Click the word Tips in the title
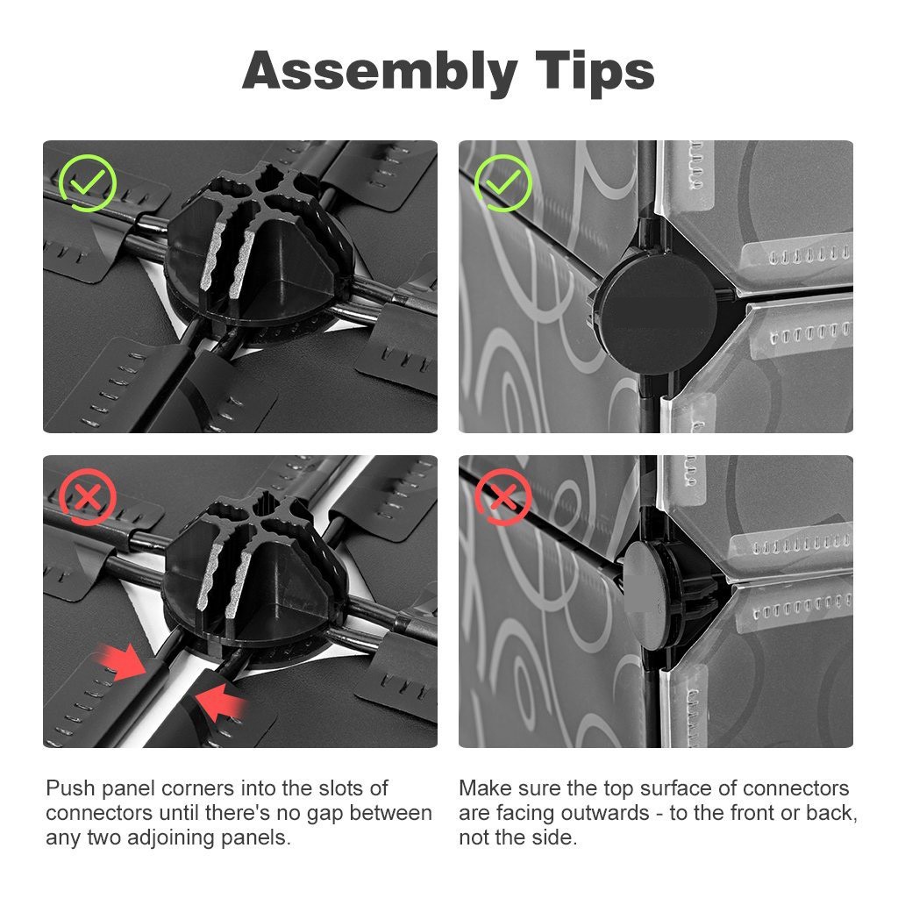pyautogui.click(x=595, y=70)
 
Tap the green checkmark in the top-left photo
pyautogui.click(x=88, y=182)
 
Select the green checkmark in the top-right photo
pyautogui.click(x=503, y=182)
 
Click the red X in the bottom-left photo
pyautogui.click(x=88, y=496)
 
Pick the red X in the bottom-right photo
pyautogui.click(x=503, y=496)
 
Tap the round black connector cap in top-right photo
pyautogui.click(x=657, y=313)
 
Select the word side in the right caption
pyautogui.click(x=556, y=837)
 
